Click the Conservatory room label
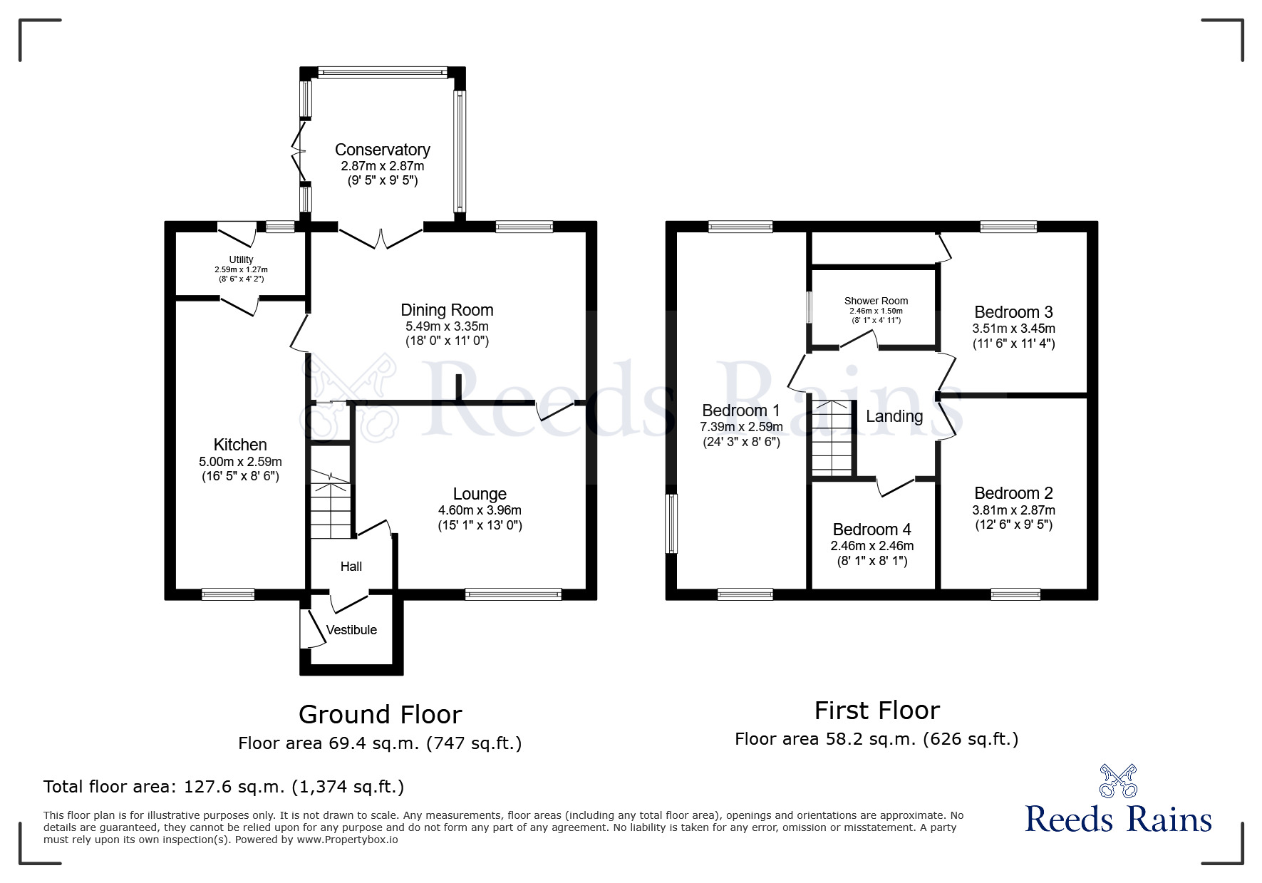pyautogui.click(x=382, y=150)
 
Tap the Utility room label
pyautogui.click(x=241, y=260)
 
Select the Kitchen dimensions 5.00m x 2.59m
pyautogui.click(x=240, y=462)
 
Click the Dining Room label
pyautogui.click(x=447, y=310)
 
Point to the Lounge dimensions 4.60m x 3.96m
pyautogui.click(x=480, y=510)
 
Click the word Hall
pyautogui.click(x=351, y=567)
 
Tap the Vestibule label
pyautogui.click(x=351, y=630)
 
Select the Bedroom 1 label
pyautogui.click(x=740, y=410)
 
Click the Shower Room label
pyautogui.click(x=876, y=301)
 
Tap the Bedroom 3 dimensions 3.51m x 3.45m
pyautogui.click(x=1013, y=329)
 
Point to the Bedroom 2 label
pyautogui.click(x=1013, y=493)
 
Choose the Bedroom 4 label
pyautogui.click(x=871, y=530)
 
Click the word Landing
pyautogui.click(x=894, y=416)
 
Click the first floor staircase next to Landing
pyautogui.click(x=832, y=438)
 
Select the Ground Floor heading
pyautogui.click(x=380, y=714)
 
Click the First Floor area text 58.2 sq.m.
pyautogui.click(x=876, y=739)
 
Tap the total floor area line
pyautogui.click(x=224, y=787)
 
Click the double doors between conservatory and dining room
pyautogui.click(x=381, y=237)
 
